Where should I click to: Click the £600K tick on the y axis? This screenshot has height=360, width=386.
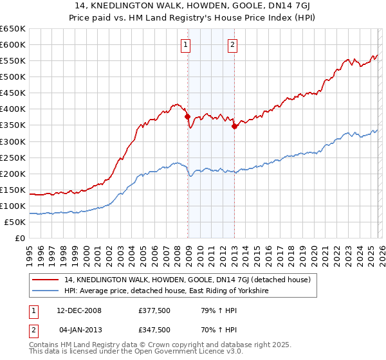[13, 44]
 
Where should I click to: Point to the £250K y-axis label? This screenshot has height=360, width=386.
[13, 157]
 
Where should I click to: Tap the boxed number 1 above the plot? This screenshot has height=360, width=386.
[185, 45]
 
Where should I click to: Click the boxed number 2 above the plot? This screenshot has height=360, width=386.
[232, 45]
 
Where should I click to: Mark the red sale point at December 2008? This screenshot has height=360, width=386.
[187, 117]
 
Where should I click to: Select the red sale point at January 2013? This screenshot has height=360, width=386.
[234, 126]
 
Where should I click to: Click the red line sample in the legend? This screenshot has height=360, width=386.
[46, 280]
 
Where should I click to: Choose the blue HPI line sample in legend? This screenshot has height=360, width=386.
[46, 291]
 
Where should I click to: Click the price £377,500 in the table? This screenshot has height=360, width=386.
[154, 310]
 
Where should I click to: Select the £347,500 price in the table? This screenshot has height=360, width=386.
[154, 329]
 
